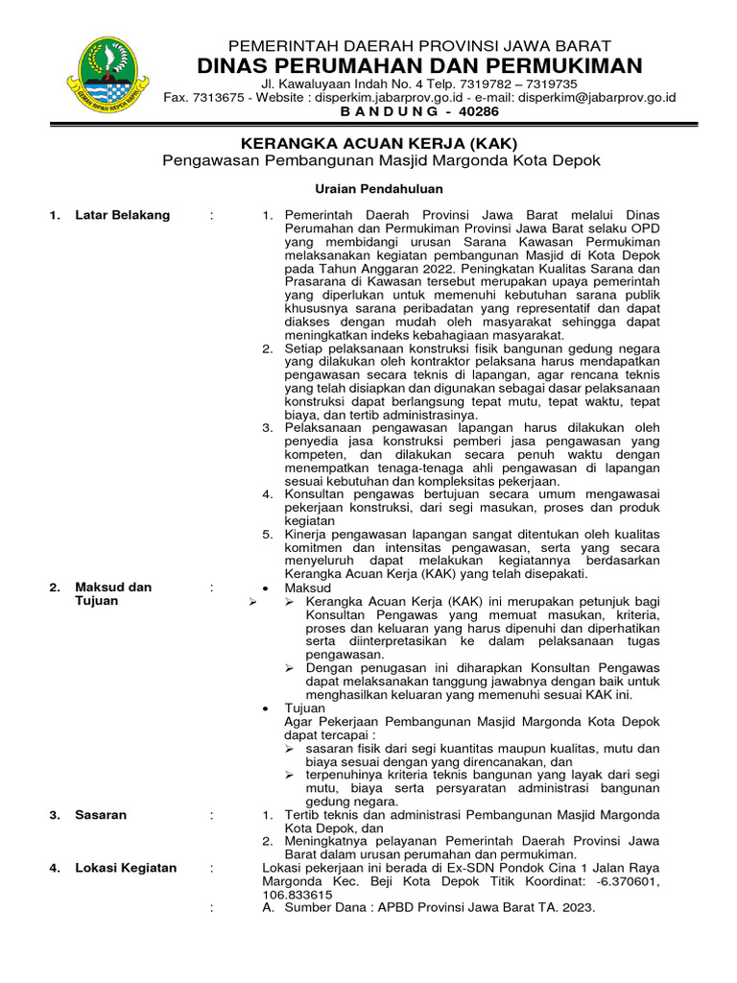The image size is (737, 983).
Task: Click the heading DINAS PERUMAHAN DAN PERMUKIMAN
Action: (x=419, y=65)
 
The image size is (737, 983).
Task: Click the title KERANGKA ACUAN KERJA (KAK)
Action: (x=381, y=143)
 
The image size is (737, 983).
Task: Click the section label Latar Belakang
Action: (x=122, y=215)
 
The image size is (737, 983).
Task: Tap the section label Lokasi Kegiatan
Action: (x=126, y=868)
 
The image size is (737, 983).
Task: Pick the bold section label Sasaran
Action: (x=101, y=815)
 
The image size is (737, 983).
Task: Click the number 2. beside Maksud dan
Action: (x=56, y=587)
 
